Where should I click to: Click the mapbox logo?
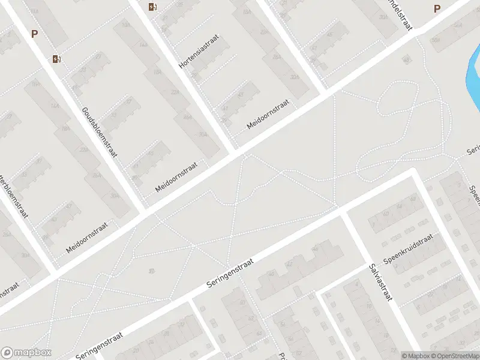27,353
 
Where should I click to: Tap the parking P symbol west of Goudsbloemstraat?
34,34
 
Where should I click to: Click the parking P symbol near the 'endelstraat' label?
437,8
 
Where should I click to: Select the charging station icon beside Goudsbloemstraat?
58,59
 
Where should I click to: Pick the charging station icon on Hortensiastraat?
152,7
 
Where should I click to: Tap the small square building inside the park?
406,59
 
